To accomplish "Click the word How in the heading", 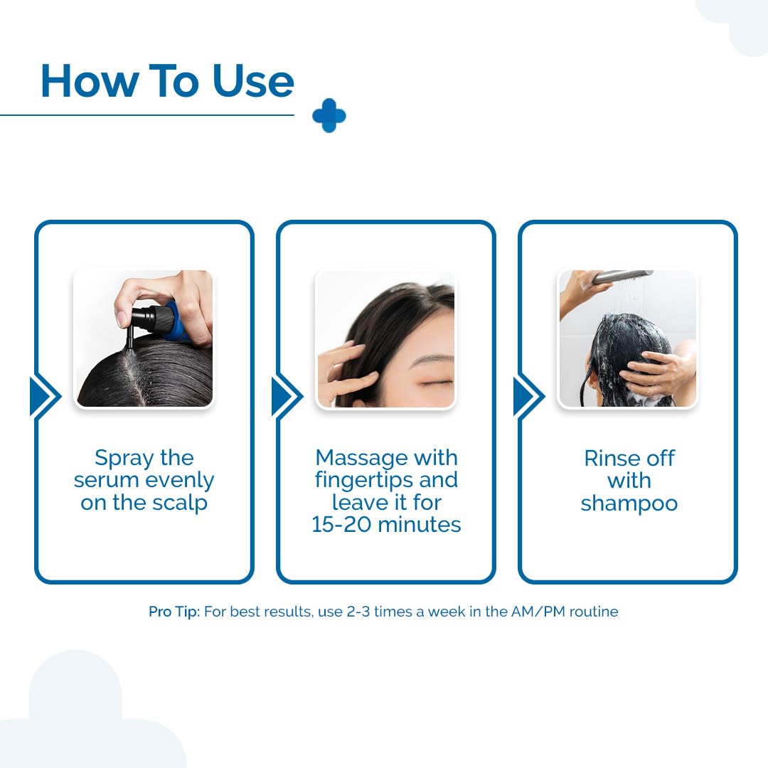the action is [90, 81].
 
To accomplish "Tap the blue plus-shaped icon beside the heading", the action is [329, 116].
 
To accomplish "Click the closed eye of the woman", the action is [431, 381].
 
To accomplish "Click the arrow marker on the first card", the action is [45, 397].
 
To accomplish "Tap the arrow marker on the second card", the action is [287, 397].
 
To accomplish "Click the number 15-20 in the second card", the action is [342, 525].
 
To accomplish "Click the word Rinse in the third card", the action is [612, 459].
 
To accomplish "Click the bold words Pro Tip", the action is [174, 612].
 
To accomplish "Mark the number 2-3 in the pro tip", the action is [358, 612].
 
